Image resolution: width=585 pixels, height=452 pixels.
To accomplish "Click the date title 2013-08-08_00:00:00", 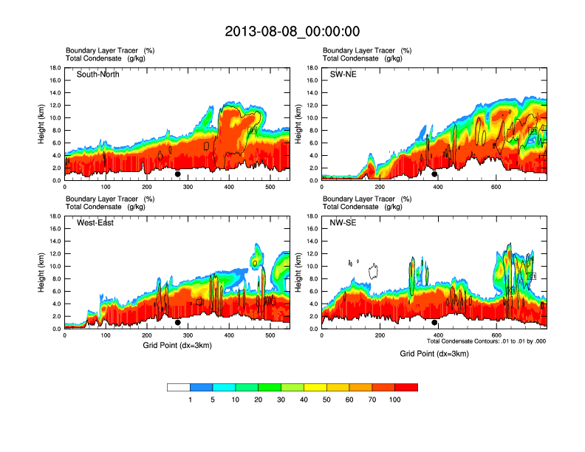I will [292, 32].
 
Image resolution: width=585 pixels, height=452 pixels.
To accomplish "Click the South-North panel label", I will [98, 75].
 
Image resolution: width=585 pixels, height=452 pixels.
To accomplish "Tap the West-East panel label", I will [95, 223].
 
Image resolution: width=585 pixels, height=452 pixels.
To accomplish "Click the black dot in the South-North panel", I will [177, 174].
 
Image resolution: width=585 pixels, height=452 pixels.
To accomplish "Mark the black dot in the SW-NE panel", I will [434, 174].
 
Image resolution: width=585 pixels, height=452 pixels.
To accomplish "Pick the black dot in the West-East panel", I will [177, 323].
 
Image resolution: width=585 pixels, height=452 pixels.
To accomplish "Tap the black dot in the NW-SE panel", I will [434, 323].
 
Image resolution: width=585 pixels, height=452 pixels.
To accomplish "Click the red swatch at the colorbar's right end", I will [406, 387].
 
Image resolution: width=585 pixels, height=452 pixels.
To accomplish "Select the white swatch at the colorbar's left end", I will [179, 387].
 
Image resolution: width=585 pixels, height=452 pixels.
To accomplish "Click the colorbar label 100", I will [395, 400].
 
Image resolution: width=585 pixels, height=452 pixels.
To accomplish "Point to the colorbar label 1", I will [191, 400].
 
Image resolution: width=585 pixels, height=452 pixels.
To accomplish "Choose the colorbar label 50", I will [326, 400].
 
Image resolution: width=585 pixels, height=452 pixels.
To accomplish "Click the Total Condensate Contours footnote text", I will [486, 341].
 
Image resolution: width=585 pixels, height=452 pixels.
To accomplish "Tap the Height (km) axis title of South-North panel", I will [43, 124].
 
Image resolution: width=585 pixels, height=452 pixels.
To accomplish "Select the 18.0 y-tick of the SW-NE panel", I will [314, 68].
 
